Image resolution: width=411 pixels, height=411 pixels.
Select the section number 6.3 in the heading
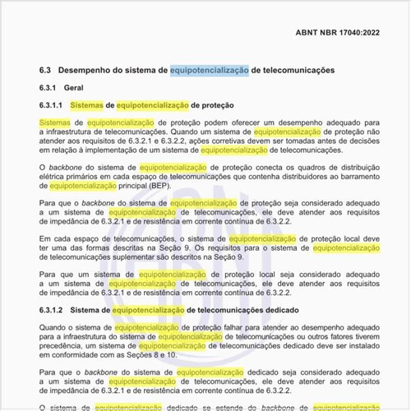pos(45,71)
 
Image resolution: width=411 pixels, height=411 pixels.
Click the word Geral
pos(75,88)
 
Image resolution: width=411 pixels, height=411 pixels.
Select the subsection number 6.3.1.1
pos(52,106)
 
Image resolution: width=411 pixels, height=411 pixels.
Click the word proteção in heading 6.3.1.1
pos(212,106)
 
